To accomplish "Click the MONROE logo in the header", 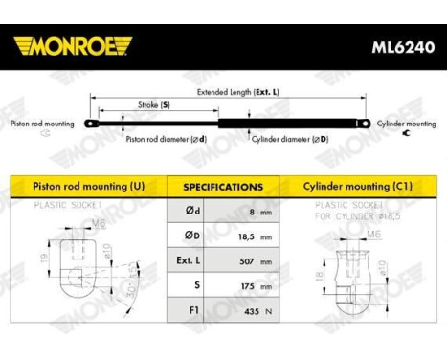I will (73, 45).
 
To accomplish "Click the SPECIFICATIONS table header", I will (223, 187).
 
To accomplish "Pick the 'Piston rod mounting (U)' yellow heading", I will (84, 187).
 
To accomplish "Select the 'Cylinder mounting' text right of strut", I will (406, 124).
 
